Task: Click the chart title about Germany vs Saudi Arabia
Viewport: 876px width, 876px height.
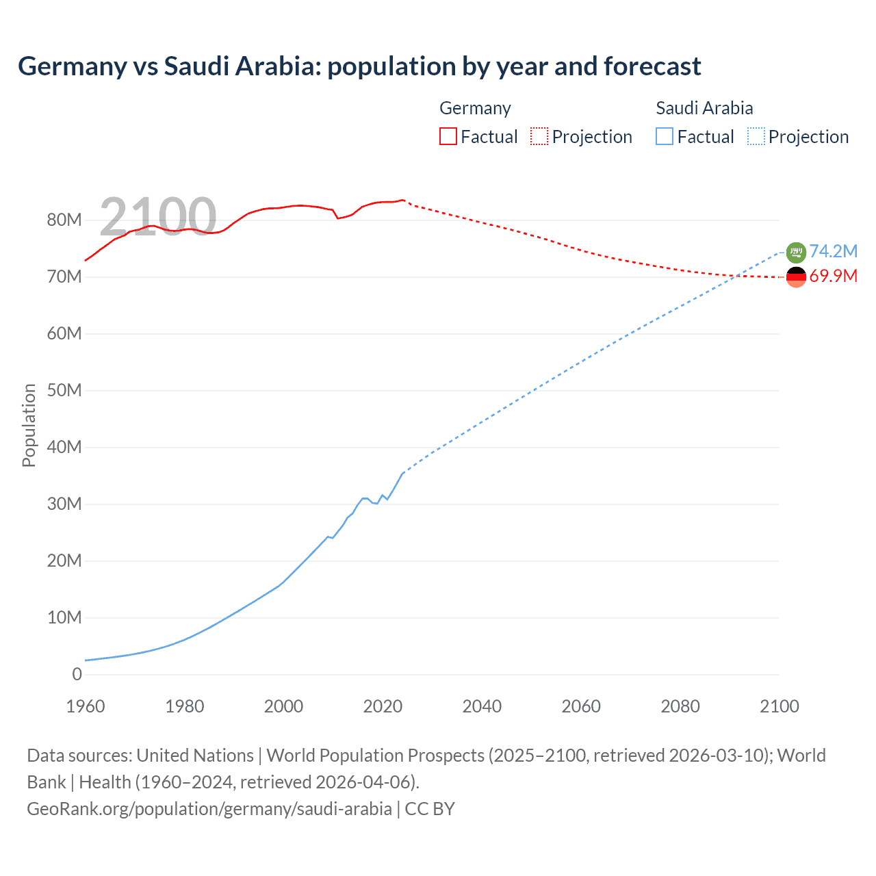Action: (x=359, y=66)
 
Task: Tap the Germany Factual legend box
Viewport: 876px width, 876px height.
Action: (x=448, y=136)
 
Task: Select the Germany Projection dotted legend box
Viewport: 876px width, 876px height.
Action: (x=539, y=136)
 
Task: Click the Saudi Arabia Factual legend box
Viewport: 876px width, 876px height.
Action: (x=665, y=136)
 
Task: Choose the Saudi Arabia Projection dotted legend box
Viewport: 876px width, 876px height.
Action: (x=756, y=136)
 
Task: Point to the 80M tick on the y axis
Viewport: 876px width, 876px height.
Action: (x=64, y=220)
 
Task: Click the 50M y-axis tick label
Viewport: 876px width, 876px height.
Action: (x=64, y=390)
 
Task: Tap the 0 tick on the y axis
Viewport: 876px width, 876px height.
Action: (x=77, y=674)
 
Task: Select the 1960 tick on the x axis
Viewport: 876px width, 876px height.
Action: (x=86, y=706)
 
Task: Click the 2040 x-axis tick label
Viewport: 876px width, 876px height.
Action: (x=482, y=706)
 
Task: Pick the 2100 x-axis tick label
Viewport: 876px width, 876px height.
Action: (x=779, y=706)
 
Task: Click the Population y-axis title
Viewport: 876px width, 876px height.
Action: (x=29, y=425)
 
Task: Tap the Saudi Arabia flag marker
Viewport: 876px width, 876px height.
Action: (x=796, y=253)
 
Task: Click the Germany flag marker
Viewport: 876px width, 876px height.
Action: (x=796, y=277)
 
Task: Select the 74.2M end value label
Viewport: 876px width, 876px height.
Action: (x=833, y=251)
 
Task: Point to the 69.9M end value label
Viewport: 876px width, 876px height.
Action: (x=833, y=276)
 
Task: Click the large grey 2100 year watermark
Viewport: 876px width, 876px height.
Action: (x=158, y=216)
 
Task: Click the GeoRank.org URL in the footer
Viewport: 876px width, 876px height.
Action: (x=209, y=808)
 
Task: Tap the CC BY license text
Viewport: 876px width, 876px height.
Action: (x=430, y=808)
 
